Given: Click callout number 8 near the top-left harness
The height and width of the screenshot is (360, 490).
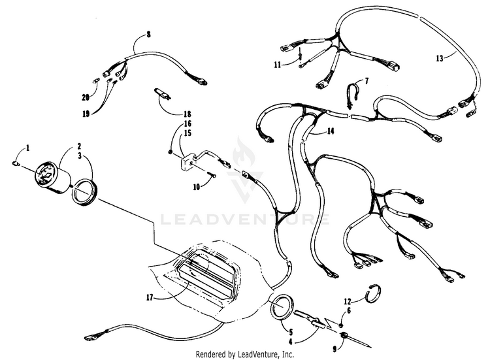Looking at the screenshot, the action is coord(148,34).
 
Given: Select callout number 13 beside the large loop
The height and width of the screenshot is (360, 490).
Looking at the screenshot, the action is coord(440,58).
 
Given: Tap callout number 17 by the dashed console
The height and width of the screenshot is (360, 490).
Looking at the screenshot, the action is coord(150,297).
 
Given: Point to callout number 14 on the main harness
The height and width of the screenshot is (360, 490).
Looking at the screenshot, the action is coord(331,131).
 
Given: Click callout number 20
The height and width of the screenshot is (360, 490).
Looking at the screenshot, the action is coord(86,97).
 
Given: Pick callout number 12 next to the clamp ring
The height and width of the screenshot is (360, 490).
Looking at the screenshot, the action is coord(348,302).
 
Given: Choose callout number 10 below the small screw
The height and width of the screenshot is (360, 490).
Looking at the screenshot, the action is coord(196,188).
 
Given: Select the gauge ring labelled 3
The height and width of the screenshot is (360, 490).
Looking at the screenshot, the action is coord(84,193).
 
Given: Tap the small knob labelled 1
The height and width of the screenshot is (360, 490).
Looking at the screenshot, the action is coord(16,163).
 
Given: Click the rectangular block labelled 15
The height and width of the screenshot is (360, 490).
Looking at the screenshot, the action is coord(187,162).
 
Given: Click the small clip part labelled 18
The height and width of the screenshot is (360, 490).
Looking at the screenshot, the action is coord(162,94).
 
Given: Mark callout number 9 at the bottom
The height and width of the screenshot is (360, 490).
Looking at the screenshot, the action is coord(335,349).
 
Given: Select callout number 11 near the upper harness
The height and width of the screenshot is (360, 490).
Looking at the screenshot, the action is coord(278,65).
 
